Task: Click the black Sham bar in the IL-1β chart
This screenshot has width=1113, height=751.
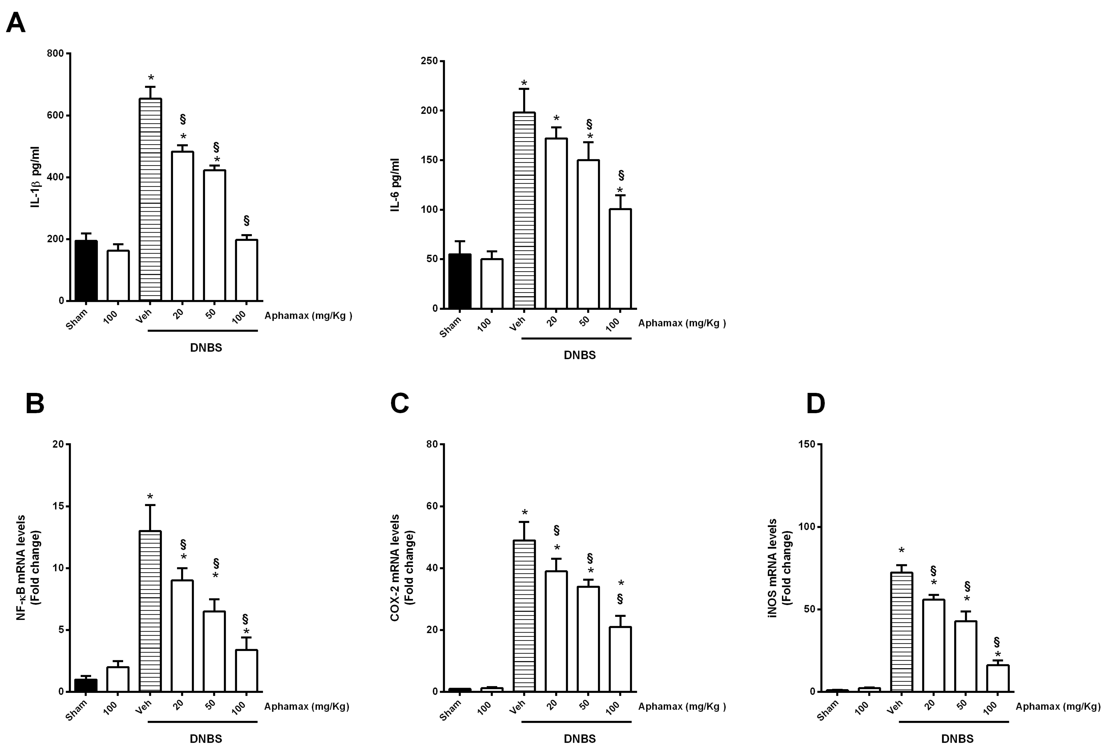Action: pyautogui.click(x=86, y=270)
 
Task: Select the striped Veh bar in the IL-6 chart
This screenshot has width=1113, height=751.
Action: pyautogui.click(x=524, y=211)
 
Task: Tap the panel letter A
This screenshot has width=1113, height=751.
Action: pyautogui.click(x=15, y=22)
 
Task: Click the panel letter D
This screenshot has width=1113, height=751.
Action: pyautogui.click(x=816, y=404)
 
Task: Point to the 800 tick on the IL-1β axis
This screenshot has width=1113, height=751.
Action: pyautogui.click(x=55, y=53)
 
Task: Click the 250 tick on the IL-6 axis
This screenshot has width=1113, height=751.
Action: pyautogui.click(x=429, y=61)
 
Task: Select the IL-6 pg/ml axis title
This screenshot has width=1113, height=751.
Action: pyautogui.click(x=395, y=185)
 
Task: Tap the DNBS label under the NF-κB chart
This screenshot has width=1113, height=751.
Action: pyautogui.click(x=206, y=739)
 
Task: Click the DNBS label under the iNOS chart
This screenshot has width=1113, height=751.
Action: pyautogui.click(x=957, y=739)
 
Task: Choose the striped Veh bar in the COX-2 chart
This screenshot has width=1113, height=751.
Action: pyautogui.click(x=524, y=616)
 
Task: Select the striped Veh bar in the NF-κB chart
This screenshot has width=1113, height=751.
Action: pyautogui.click(x=150, y=611)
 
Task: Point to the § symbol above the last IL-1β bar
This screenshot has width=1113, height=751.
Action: pyautogui.click(x=246, y=221)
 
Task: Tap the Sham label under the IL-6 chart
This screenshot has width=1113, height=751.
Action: pyautogui.click(x=450, y=327)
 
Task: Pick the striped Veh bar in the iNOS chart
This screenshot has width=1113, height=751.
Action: pyautogui.click(x=901, y=632)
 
